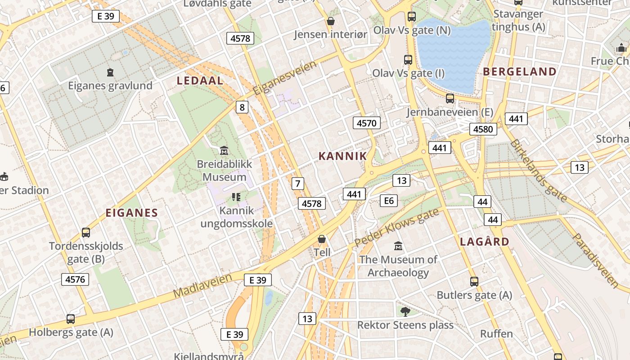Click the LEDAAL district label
coord(200,81)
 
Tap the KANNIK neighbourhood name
coord(342,156)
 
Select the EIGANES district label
coord(132,213)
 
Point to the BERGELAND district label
coord(520,72)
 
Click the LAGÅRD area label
coord(485,242)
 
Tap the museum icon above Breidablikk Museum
coord(224,150)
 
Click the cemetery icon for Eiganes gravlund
coord(110,72)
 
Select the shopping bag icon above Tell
coord(322,239)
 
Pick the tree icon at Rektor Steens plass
coord(405,311)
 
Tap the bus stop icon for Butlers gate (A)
coord(474,282)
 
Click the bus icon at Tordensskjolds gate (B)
coord(86,233)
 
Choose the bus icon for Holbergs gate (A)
coord(71,319)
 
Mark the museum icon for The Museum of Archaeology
coord(398,246)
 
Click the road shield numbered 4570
coord(367,123)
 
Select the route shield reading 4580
coord(483,130)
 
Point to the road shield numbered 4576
coord(75,279)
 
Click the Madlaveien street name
coord(202,285)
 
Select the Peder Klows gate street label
coord(396,228)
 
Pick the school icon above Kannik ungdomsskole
coord(236,197)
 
